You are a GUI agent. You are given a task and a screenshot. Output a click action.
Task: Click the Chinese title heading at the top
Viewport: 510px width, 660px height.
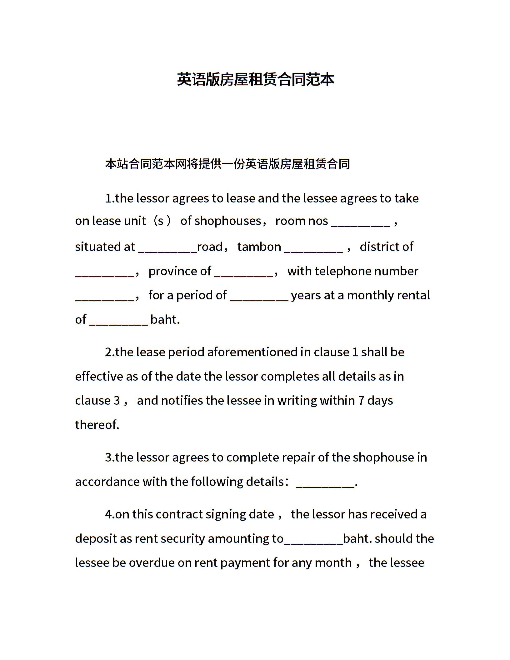(x=255, y=79)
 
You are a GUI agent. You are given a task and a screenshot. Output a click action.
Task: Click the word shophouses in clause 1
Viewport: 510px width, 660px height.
(x=227, y=221)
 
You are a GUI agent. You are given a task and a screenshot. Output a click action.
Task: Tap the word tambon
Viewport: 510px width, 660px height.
(x=259, y=247)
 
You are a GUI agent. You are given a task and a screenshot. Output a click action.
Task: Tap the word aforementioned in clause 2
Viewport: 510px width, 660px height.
(x=252, y=352)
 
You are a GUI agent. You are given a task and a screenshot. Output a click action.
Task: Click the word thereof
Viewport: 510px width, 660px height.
(x=97, y=425)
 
